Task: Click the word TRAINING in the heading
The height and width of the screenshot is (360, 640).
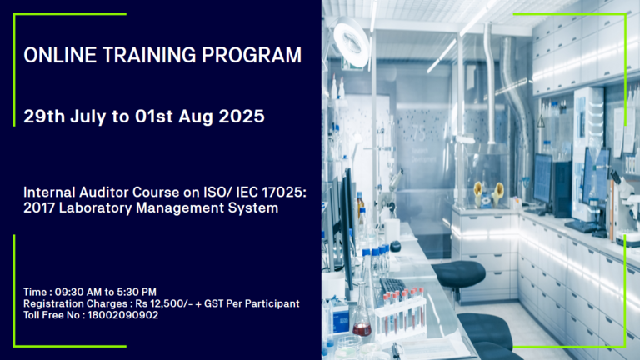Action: tap(149, 55)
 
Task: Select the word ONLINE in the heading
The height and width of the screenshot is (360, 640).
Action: tap(60, 55)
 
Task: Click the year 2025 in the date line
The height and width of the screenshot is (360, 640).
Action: tap(242, 117)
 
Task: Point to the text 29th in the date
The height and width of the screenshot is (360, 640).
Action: tap(44, 117)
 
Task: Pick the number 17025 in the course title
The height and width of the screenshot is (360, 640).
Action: tap(284, 192)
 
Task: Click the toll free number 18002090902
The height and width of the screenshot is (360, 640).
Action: tap(122, 315)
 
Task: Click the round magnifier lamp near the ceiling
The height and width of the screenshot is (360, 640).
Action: tap(351, 42)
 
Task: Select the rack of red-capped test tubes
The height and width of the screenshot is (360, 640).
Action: tap(400, 312)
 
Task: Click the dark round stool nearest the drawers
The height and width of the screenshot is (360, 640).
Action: tap(458, 274)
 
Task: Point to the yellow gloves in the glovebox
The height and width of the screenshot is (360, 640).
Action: tap(488, 193)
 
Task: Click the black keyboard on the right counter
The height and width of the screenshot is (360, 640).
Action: tap(582, 226)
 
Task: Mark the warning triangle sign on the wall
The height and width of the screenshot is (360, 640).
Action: tap(541, 121)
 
